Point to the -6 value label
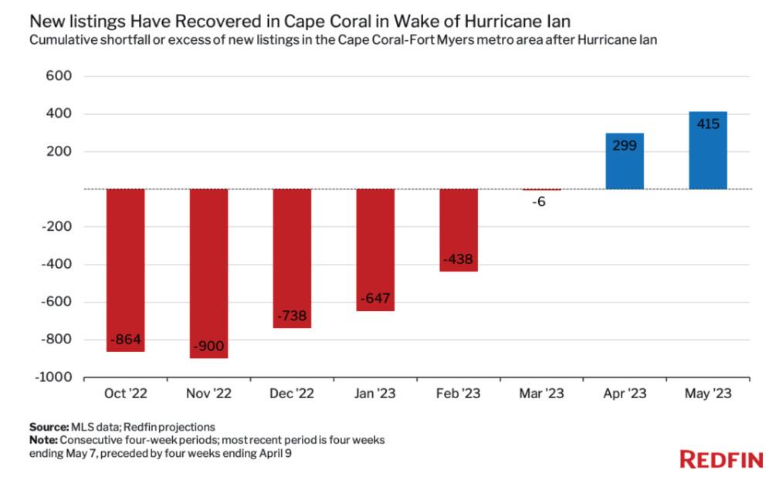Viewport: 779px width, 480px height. coord(542,201)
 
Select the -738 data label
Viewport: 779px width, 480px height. coord(292,317)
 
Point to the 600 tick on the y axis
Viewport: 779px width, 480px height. coord(59,76)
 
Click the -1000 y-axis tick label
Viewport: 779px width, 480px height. coord(53,377)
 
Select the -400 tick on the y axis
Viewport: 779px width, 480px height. coord(56,265)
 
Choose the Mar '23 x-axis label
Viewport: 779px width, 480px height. coord(541,394)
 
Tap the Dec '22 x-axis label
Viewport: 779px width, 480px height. coord(292,394)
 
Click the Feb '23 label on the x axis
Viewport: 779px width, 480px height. coord(459,394)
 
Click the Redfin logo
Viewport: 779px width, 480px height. coord(721,461)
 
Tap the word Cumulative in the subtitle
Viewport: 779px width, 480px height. coord(61,40)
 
